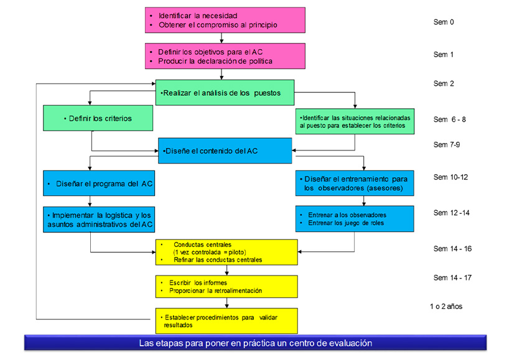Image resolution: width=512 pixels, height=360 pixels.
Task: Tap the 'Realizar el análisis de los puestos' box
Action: tap(225, 93)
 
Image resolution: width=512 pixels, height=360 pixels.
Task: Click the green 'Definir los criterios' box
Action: tap(97, 118)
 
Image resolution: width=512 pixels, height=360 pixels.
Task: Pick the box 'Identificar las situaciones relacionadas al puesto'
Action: tap(355, 121)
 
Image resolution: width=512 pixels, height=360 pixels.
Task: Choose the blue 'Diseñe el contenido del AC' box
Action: tap(225, 151)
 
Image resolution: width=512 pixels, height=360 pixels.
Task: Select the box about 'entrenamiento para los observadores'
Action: tap(355, 183)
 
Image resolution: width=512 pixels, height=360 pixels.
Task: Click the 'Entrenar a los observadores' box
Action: tap(355, 218)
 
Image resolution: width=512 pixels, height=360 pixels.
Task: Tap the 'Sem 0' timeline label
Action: tap(444, 22)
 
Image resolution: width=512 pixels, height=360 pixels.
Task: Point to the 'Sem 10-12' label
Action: tap(450, 177)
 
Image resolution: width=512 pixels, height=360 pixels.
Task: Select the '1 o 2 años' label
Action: tap(446, 306)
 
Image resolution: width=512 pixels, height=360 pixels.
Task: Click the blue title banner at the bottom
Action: tap(255, 343)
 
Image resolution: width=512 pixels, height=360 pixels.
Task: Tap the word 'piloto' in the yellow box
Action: tap(237, 252)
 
